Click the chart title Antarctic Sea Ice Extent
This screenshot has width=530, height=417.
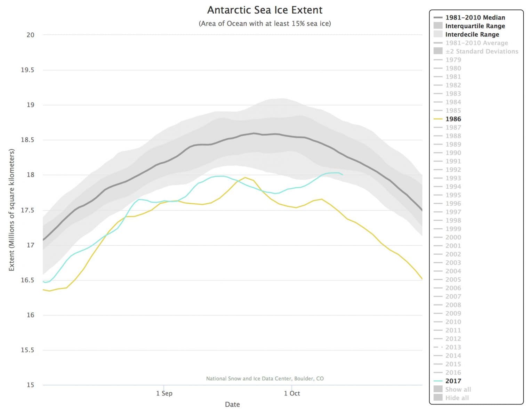coord(265,10)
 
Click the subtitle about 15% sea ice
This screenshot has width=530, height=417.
coord(265,24)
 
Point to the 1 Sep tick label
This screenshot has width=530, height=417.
coord(164,393)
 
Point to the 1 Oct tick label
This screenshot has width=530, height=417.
coord(292,393)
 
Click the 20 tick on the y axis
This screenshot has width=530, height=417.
coord(31,35)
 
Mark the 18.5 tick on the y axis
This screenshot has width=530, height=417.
coord(27,140)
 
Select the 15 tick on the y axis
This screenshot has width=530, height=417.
coord(31,385)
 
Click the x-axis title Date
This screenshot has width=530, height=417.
coord(232,404)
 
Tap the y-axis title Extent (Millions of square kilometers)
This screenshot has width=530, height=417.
coord(11,210)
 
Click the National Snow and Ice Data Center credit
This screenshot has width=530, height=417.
coord(265,378)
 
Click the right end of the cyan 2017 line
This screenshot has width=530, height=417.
coord(343,174)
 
